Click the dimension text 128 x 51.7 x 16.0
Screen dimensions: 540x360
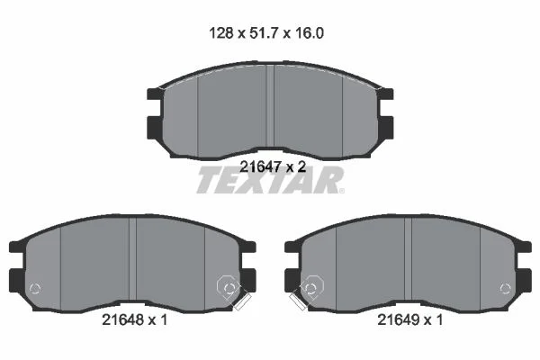click(x=266, y=33)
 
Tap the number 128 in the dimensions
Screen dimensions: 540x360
click(x=221, y=33)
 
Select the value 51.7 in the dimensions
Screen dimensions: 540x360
click(x=264, y=33)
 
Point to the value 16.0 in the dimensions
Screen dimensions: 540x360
click(x=310, y=33)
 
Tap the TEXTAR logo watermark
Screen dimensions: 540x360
click(x=270, y=180)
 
